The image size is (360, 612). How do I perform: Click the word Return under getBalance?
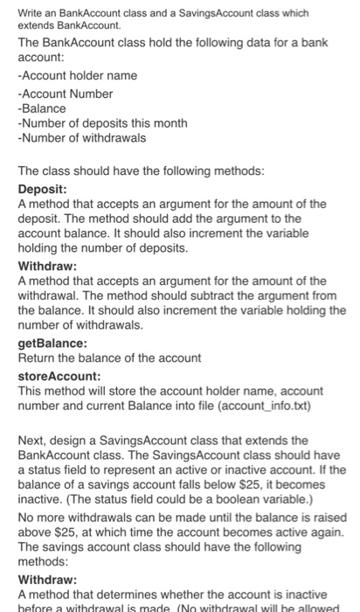(x=37, y=358)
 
